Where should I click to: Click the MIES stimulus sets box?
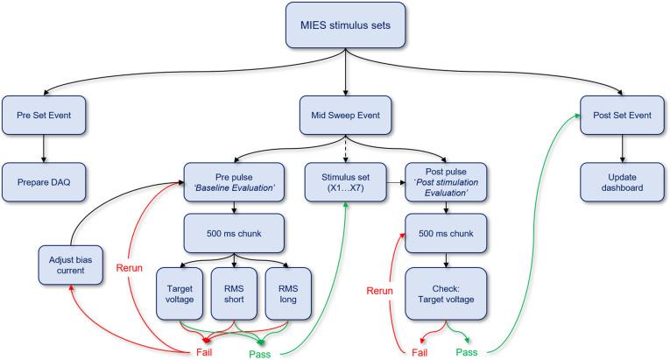(x=346, y=26)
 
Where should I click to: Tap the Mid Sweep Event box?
(x=346, y=115)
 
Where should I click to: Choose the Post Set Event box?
(x=622, y=115)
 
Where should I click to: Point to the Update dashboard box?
(x=622, y=180)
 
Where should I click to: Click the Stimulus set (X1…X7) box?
(x=346, y=180)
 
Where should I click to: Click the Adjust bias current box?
(x=69, y=261)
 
